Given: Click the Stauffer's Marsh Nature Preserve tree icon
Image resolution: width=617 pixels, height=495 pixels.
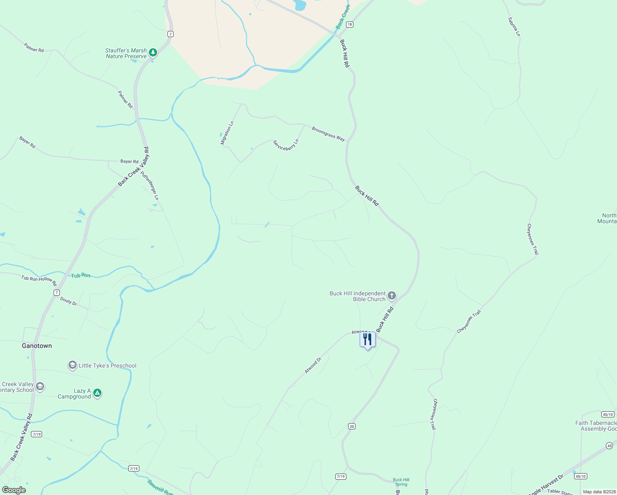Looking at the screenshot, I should pyautogui.click(x=153, y=52).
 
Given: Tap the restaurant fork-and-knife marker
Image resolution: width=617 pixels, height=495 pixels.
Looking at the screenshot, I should pyautogui.click(x=367, y=340).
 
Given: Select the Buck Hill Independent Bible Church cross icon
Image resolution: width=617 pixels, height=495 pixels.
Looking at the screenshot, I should pyautogui.click(x=392, y=295).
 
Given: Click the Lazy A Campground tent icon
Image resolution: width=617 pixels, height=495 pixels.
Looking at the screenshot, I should pyautogui.click(x=97, y=393).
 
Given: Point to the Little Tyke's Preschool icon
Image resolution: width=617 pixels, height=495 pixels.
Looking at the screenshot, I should pyautogui.click(x=73, y=365).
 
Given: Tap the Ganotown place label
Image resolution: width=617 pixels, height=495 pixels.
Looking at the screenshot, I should pyautogui.click(x=37, y=346).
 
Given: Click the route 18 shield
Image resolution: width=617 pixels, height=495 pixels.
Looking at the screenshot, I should pyautogui.click(x=350, y=24).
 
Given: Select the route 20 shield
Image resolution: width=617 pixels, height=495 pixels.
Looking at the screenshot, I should pyautogui.click(x=351, y=426).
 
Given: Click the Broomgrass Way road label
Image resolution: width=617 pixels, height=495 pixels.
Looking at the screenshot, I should pyautogui.click(x=328, y=134).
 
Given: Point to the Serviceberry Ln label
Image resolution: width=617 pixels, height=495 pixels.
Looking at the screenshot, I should pyautogui.click(x=286, y=145).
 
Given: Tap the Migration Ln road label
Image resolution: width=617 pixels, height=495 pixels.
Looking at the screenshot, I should pyautogui.click(x=227, y=132).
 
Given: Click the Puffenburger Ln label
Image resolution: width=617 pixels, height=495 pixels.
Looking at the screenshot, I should pyautogui.click(x=150, y=186).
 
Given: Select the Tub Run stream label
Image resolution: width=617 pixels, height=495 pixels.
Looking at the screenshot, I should pyautogui.click(x=80, y=275).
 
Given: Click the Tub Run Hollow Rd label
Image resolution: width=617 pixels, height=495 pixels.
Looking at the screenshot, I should pyautogui.click(x=39, y=280).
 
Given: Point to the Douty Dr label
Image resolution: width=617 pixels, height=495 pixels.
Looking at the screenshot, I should pyautogui.click(x=68, y=302).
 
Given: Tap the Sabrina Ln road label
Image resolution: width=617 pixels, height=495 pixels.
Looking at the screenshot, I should pyautogui.click(x=514, y=27).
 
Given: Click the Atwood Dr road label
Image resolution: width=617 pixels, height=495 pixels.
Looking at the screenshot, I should pyautogui.click(x=313, y=365).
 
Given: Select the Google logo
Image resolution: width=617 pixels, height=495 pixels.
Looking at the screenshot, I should pyautogui.click(x=14, y=490).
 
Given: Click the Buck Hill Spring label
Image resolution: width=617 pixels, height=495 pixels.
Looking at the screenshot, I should pyautogui.click(x=401, y=482).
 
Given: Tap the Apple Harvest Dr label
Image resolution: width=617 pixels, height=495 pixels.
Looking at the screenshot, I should pyautogui.click(x=546, y=485).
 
